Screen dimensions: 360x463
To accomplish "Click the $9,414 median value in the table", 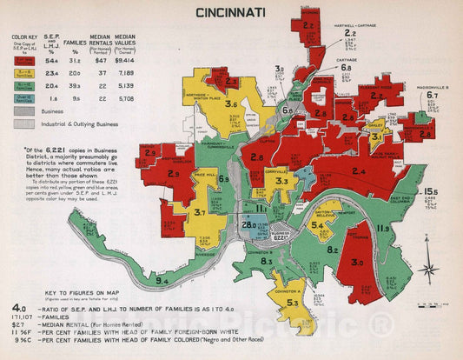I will pyautogui.click(x=126, y=61).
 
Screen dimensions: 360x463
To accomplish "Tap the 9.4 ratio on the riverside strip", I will pyautogui.click(x=162, y=281).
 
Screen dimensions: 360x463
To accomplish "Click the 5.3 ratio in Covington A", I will pyautogui.click(x=294, y=303).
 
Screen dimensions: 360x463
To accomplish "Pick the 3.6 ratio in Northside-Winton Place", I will pyautogui.click(x=230, y=105).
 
